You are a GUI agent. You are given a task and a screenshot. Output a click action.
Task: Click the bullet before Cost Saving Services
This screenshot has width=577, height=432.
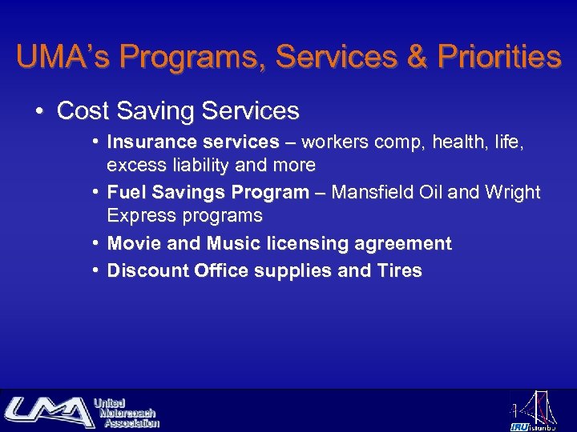39,110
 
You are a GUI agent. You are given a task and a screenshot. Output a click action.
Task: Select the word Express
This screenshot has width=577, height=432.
136,216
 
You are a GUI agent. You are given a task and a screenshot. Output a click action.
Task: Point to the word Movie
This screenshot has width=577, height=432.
132,243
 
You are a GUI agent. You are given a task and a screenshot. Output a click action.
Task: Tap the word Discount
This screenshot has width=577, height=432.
147,270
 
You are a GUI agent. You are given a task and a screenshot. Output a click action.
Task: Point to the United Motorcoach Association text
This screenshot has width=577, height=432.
126,412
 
